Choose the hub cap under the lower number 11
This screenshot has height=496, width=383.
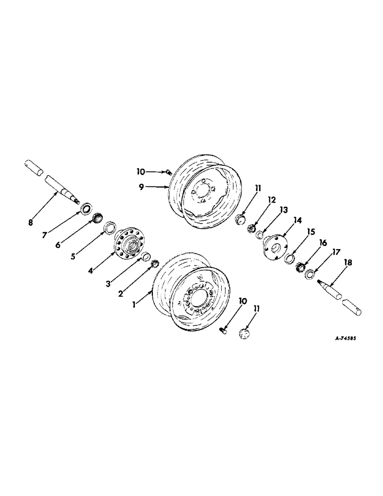pos(243,334)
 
